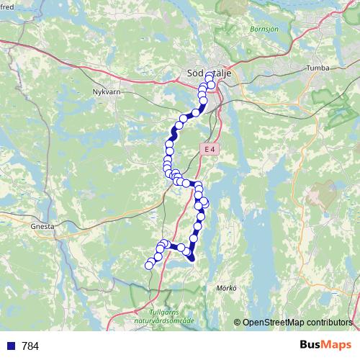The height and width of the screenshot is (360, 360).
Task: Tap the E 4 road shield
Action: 209,149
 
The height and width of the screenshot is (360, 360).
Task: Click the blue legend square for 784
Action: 10,346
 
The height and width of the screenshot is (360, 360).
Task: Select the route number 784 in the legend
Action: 30,346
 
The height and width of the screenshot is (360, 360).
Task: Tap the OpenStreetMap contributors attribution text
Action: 297,322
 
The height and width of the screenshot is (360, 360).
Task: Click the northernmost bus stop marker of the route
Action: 210,76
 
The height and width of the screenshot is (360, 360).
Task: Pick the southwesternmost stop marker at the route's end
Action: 149,265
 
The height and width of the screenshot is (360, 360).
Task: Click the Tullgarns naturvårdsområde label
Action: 171,316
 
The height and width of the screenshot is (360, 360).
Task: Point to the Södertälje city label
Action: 205,73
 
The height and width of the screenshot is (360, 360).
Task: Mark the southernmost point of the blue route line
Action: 192,260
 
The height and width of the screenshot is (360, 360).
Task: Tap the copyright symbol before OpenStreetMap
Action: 237,322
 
